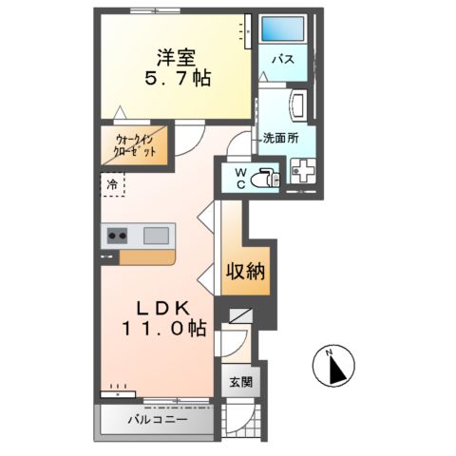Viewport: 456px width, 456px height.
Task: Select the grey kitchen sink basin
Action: pos(156,235)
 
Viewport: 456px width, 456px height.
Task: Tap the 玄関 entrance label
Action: pos(239,383)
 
